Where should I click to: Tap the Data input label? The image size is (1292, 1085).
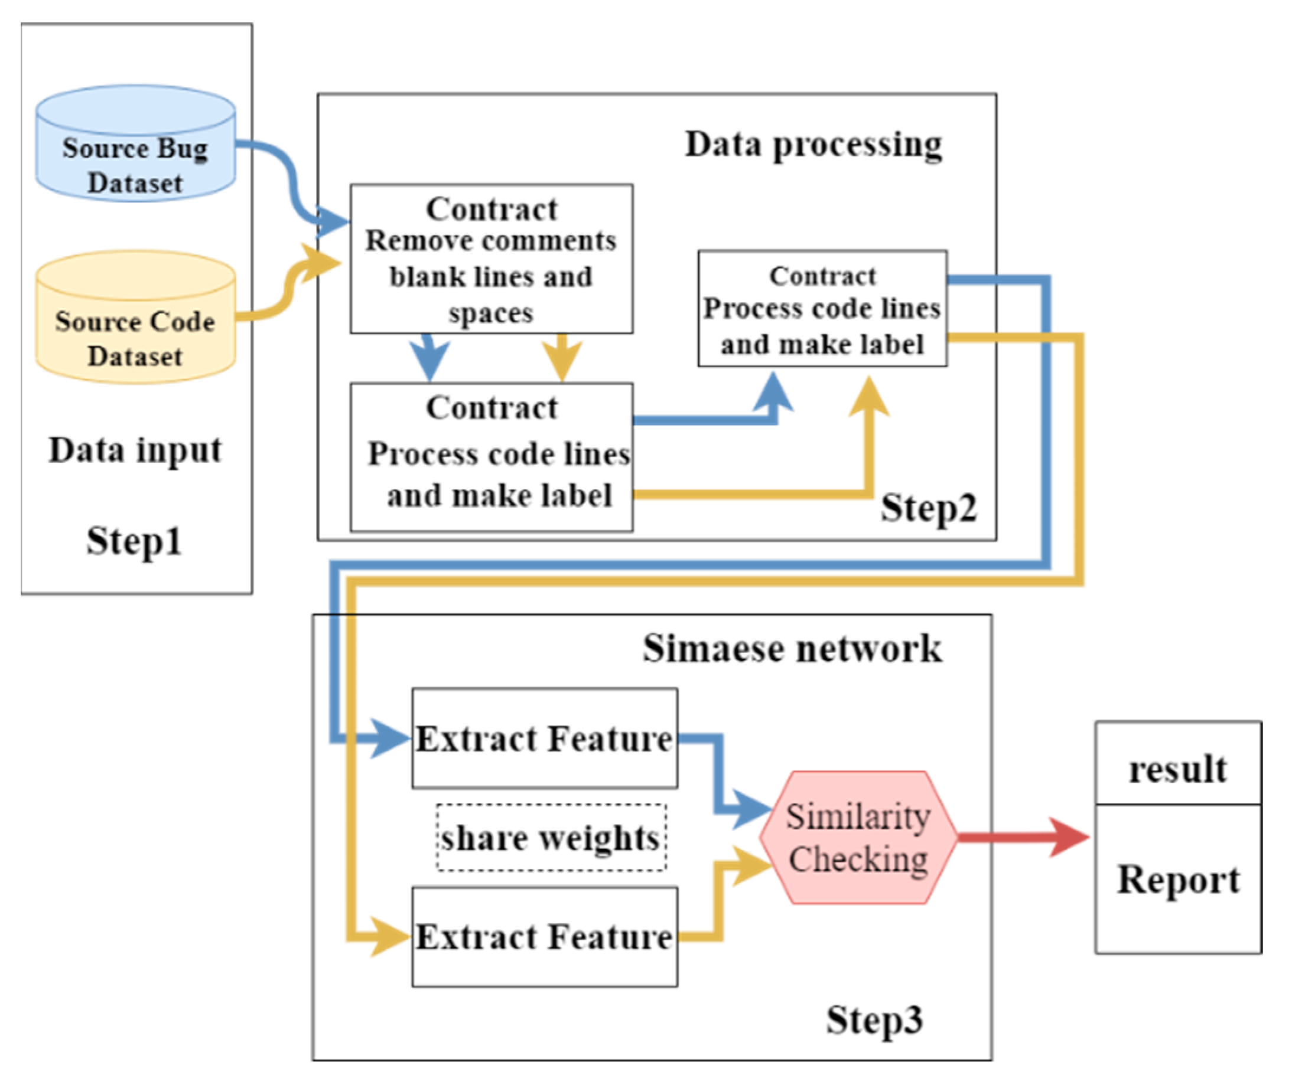(x=135, y=450)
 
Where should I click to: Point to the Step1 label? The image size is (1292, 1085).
(x=134, y=541)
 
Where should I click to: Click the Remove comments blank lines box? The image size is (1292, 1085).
(x=491, y=259)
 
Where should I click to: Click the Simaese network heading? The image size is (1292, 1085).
(x=792, y=648)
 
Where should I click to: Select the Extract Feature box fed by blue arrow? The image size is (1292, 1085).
(x=544, y=738)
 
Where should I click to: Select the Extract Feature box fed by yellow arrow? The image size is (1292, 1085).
(x=544, y=937)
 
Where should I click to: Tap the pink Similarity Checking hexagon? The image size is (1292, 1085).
(x=858, y=838)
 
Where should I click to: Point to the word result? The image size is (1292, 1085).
(x=1177, y=769)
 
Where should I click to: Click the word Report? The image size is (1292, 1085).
(x=1178, y=880)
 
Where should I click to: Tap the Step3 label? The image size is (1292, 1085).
(x=874, y=1020)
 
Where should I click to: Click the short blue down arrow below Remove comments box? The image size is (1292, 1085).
(x=429, y=358)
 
